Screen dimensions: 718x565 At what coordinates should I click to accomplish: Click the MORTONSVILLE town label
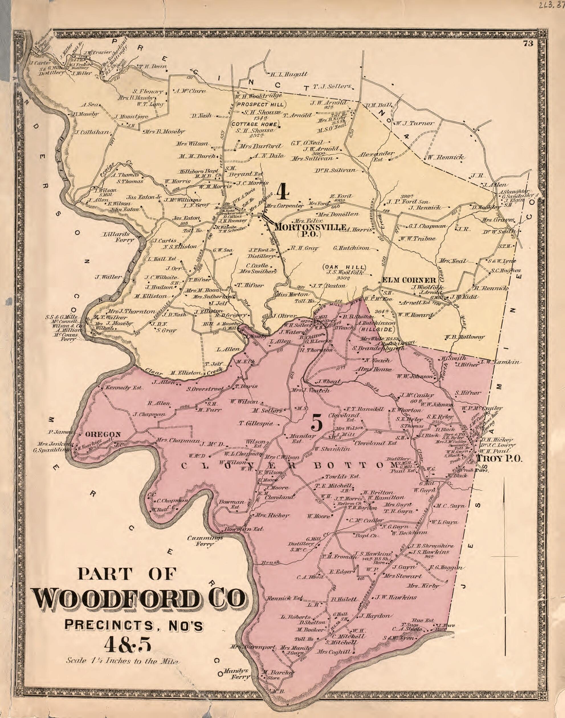[310, 228]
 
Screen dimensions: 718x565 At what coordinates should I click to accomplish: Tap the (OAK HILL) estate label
[344, 267]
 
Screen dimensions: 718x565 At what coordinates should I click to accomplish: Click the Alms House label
[374, 369]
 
